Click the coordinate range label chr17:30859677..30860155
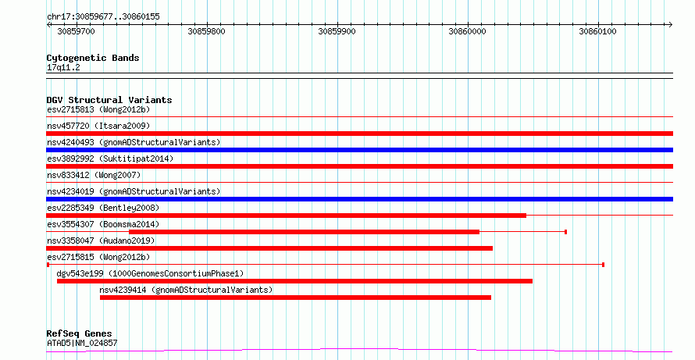pyautogui.click(x=103, y=17)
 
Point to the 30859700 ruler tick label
pyautogui.click(x=76, y=31)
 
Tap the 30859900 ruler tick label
pyautogui.click(x=337, y=31)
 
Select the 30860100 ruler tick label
pyautogui.click(x=597, y=31)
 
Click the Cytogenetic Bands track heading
pyautogui.click(x=93, y=58)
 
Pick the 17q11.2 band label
pyautogui.click(x=63, y=68)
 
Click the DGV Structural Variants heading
pyautogui.click(x=109, y=100)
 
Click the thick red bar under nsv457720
pyautogui.click(x=359, y=134)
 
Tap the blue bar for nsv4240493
pyautogui.click(x=359, y=150)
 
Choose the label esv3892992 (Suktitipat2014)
pyautogui.click(x=110, y=159)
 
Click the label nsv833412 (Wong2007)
pyautogui.click(x=94, y=175)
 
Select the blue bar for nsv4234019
pyautogui.click(x=359, y=199)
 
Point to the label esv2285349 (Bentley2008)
pyautogui.click(x=103, y=208)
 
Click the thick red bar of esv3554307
pyautogui.click(x=304, y=232)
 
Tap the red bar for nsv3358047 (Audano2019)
pyautogui.click(x=269, y=248)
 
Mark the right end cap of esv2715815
pyautogui.click(x=604, y=265)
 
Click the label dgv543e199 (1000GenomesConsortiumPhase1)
pyautogui.click(x=150, y=273)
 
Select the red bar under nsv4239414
pyautogui.click(x=296, y=298)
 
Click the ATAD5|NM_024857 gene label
pyautogui.click(x=82, y=343)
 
